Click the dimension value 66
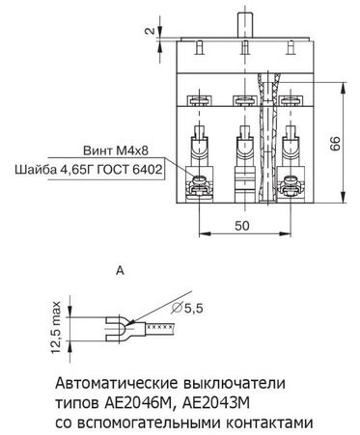(x=335, y=143)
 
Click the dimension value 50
(x=242, y=226)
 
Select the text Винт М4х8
(x=116, y=150)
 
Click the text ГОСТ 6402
(x=129, y=169)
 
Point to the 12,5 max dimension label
(x=56, y=327)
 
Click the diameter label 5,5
(x=187, y=309)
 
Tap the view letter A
(x=120, y=271)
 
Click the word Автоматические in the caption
(x=117, y=383)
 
